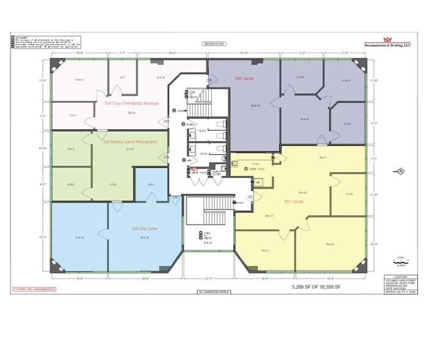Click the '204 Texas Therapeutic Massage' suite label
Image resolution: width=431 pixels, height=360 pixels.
coord(132,103)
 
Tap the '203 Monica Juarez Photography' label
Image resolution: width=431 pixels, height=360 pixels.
coord(130,142)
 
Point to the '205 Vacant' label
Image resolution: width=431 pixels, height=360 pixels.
coord(244,79)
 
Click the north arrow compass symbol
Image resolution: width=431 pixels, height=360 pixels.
coord(399,170)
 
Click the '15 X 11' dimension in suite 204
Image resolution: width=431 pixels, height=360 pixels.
coord(79,80)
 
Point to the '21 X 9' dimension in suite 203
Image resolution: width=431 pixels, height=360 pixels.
coord(129,149)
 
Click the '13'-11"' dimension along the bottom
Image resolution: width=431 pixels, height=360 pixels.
coord(210,279)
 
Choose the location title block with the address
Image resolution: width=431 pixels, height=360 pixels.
coord(401,284)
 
